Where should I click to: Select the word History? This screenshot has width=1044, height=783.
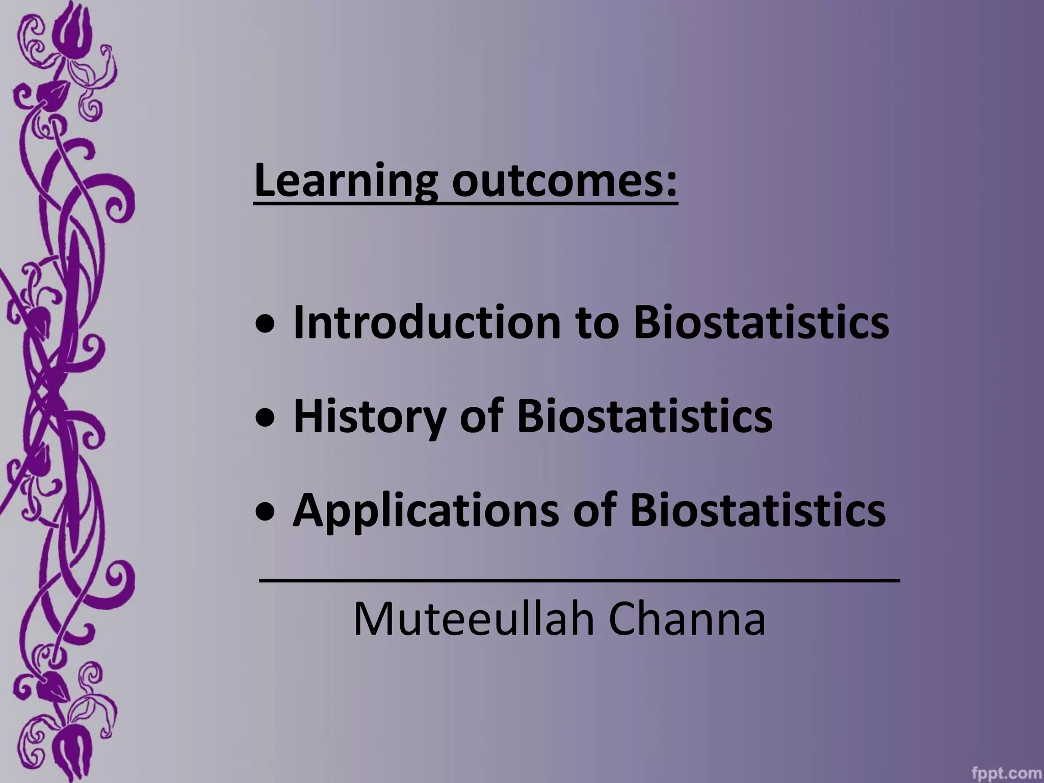tap(369, 416)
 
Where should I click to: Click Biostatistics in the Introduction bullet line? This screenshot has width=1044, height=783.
tap(761, 322)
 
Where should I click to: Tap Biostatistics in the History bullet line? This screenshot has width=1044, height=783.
tap(644, 416)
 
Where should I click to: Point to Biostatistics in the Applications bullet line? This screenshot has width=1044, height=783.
tap(758, 510)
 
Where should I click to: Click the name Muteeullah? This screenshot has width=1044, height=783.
tap(474, 619)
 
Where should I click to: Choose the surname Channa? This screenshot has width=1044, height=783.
tap(687, 619)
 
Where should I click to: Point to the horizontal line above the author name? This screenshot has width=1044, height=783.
tap(579, 580)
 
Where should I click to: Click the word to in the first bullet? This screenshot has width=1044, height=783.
tap(597, 323)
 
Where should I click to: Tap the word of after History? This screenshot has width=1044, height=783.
tap(481, 416)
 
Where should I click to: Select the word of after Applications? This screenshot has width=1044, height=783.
tap(594, 510)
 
